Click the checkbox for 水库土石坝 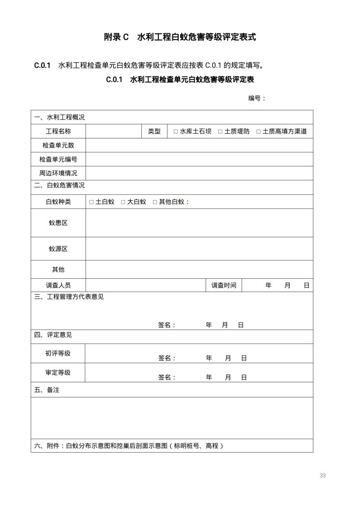176,132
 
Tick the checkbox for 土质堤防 220,132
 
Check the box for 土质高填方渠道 258,132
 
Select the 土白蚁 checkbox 91,202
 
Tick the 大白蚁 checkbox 123,202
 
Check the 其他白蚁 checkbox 155,202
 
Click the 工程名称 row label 58,132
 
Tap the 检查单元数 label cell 58,146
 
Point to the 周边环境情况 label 58,173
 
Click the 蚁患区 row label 58,223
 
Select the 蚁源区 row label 58,249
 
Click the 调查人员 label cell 58,285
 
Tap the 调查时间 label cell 224,285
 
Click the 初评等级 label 58,353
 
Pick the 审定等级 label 58,373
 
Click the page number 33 322,476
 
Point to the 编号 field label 255,98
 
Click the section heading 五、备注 47,390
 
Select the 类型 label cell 154,132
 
